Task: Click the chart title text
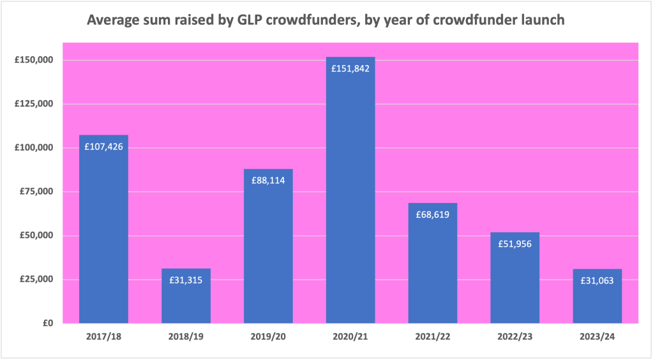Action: [326, 20]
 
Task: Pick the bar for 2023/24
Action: [597, 300]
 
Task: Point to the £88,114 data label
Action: [268, 181]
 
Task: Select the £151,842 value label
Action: [350, 68]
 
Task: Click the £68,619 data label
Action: [433, 214]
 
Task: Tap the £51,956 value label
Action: [515, 243]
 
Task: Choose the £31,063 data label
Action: [597, 280]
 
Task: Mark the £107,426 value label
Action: [103, 146]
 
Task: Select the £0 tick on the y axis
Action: [47, 323]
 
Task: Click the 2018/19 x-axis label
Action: [186, 336]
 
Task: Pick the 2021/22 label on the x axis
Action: [433, 336]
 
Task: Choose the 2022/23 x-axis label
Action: [515, 336]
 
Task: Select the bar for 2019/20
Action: [268, 255]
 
